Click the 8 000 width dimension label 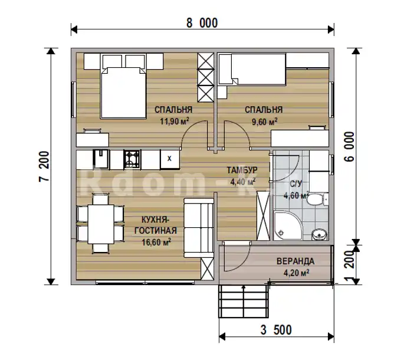click(202, 23)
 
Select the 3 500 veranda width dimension click(276, 330)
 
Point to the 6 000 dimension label click(350, 147)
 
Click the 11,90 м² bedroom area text click(174, 121)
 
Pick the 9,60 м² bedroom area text click(264, 122)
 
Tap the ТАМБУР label click(242, 170)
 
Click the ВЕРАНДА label click(296, 261)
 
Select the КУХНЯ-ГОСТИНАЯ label click(156, 225)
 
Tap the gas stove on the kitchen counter click(132, 159)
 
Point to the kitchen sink click(101, 158)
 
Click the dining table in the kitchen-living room click(101, 224)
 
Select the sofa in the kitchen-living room click(199, 228)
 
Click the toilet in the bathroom click(317, 199)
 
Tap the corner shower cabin click(288, 225)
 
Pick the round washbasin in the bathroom click(319, 234)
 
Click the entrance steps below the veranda click(244, 302)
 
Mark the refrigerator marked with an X click(170, 159)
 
